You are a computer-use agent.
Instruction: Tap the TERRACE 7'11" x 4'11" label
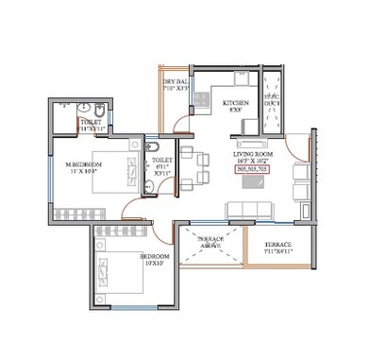pyautogui.click(x=277, y=248)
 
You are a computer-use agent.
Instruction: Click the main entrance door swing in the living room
pyautogui.click(x=300, y=151)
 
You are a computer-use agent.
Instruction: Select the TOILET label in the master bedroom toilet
pyautogui.click(x=91, y=122)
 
